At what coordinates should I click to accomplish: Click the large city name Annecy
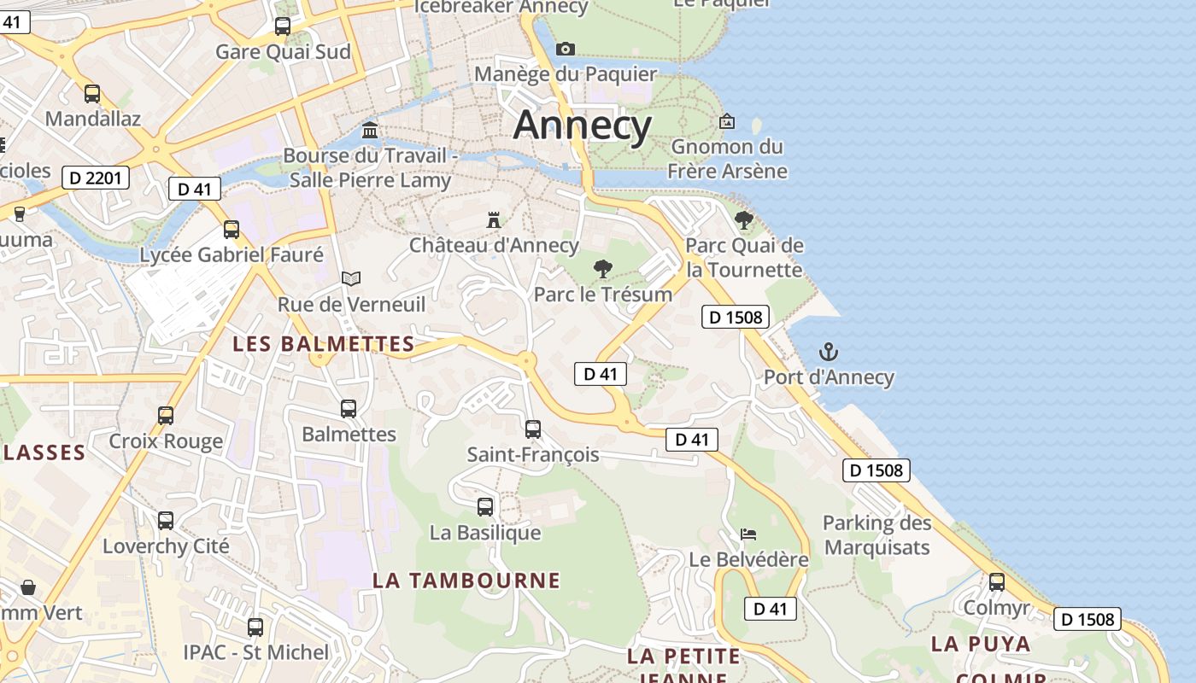pos(583,126)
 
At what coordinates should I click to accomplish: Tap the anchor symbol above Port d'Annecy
pos(828,351)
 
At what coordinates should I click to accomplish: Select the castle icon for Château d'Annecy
pos(494,220)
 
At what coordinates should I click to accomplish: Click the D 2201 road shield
pos(96,178)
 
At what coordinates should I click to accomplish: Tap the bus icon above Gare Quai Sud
pos(283,26)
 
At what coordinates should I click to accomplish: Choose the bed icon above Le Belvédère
pos(748,534)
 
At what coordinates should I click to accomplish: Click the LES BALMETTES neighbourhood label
pos(324,344)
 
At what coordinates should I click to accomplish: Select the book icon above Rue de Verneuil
pos(351,278)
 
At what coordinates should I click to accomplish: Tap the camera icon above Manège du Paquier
pos(566,50)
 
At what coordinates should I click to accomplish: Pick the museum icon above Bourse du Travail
pos(370,130)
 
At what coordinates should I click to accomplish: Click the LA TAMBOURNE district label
pos(466,581)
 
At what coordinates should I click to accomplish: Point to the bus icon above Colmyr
pos(996,582)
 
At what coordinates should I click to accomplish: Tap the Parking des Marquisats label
pos(876,534)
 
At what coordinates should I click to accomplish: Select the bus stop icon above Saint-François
pos(533,429)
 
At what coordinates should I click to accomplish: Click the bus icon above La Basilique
pos(485,507)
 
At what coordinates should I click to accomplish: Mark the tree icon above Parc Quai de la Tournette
pos(744,220)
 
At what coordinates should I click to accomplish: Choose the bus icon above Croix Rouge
pos(166,416)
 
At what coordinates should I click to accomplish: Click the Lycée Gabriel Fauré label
pos(232,254)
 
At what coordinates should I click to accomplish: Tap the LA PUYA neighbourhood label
pos(981,644)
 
